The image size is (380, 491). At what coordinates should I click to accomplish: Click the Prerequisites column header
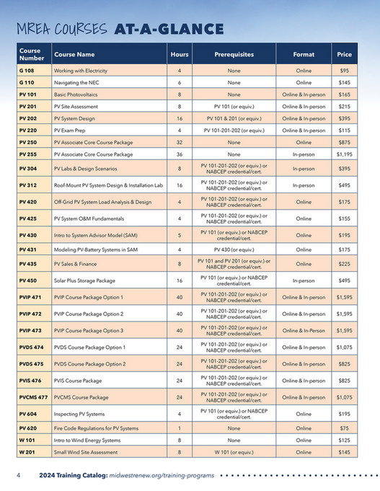pyautogui.click(x=234, y=54)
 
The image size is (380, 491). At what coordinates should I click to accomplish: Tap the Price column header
pyautogui.click(x=343, y=54)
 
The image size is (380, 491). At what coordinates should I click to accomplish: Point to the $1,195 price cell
pyautogui.click(x=344, y=154)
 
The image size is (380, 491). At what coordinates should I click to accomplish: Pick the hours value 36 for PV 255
pyautogui.click(x=179, y=154)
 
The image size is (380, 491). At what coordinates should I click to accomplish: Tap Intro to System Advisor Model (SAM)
pyautogui.click(x=97, y=236)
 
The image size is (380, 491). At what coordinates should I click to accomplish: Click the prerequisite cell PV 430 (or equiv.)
pyautogui.click(x=234, y=249)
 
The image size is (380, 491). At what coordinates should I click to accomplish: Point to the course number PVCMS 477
pyautogui.click(x=33, y=397)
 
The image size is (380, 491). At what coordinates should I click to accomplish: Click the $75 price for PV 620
pyautogui.click(x=344, y=428)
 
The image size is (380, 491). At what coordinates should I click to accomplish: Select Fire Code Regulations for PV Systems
pyautogui.click(x=96, y=428)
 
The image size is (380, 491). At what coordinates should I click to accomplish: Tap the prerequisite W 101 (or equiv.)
pyautogui.click(x=234, y=452)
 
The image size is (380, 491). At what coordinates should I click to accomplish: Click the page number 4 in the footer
pyautogui.click(x=18, y=476)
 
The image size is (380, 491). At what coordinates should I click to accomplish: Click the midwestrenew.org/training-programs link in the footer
pyautogui.click(x=163, y=476)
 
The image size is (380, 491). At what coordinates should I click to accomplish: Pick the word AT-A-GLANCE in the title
pyautogui.click(x=168, y=29)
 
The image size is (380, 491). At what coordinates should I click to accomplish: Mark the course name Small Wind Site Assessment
pyautogui.click(x=86, y=452)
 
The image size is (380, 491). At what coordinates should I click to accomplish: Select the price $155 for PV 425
pyautogui.click(x=344, y=218)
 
